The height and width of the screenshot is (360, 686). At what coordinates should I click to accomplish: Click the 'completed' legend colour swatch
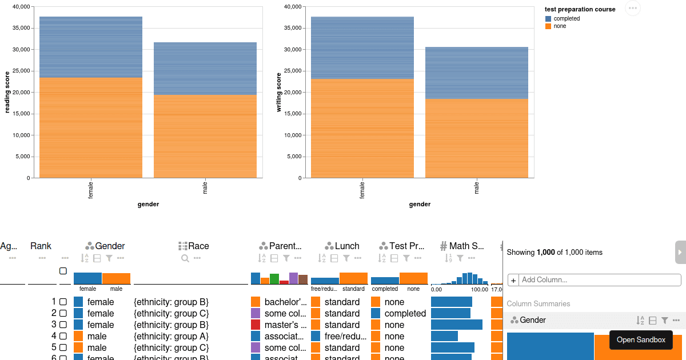pos(548,19)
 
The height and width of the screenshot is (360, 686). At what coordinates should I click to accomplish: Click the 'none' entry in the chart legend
pos(560,26)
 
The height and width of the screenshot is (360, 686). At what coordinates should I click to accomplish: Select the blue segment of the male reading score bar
pos(205,69)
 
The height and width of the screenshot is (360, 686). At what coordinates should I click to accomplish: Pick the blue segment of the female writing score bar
pos(362,48)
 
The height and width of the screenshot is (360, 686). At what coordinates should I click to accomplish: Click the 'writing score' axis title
pos(279,92)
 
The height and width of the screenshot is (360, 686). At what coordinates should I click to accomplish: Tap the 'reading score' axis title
pos(7,92)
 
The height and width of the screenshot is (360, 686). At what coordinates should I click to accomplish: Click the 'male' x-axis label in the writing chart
pos(476,187)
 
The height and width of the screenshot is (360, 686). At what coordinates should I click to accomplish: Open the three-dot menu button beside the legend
pos(632,8)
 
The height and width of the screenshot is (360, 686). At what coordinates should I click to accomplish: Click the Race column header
pos(194,246)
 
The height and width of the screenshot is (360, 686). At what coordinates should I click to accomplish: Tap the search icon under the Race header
pos(185,258)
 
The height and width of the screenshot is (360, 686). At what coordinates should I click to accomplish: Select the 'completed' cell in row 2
pos(405,313)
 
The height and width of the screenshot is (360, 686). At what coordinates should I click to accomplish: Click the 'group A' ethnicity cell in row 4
pos(171,336)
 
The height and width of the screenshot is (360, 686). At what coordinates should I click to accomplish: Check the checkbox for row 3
pos(63,325)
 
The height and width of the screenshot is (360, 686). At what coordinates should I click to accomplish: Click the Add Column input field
pos(600,280)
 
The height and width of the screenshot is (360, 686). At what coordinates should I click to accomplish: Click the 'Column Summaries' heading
pos(538,303)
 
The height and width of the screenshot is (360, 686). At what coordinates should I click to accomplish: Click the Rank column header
pos(41,246)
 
